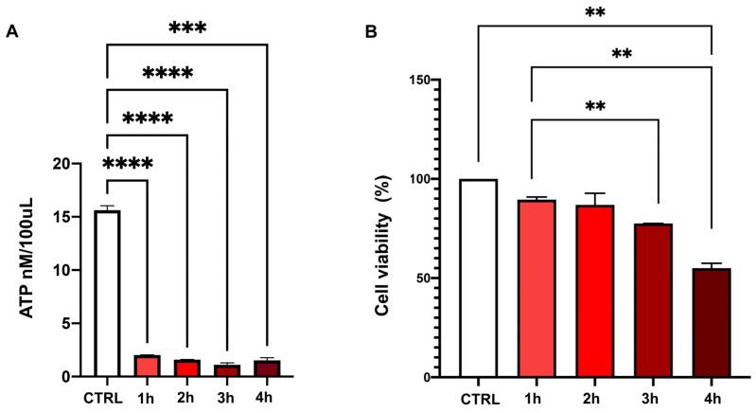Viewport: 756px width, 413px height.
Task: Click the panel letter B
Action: pyautogui.click(x=373, y=31)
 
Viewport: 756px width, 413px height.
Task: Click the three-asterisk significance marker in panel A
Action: pyautogui.click(x=186, y=27)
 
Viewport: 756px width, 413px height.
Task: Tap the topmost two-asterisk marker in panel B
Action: pyautogui.click(x=593, y=13)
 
